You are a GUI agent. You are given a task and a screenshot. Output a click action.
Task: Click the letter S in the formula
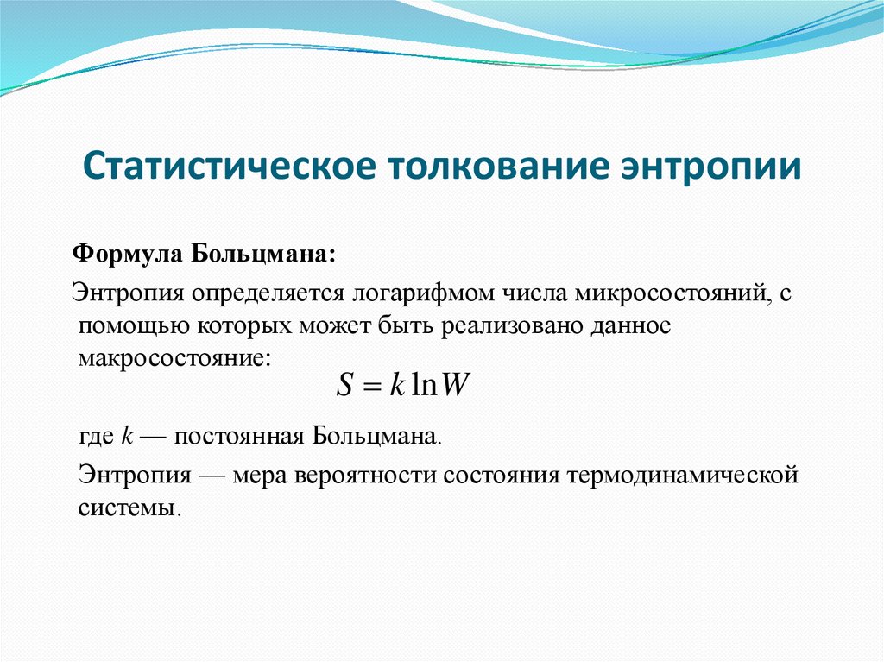[345, 385]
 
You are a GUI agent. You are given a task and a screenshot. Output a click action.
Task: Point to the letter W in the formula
[453, 385]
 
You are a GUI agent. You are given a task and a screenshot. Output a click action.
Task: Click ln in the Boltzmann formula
[424, 385]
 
